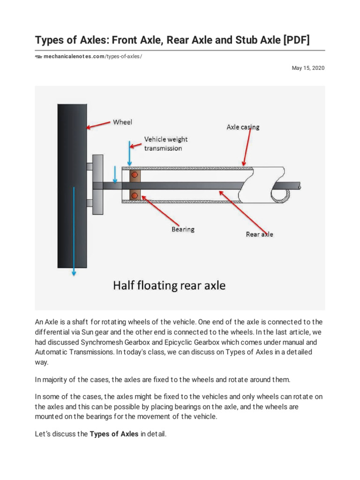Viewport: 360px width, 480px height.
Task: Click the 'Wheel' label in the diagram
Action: click(x=122, y=122)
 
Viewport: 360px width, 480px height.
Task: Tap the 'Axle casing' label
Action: click(x=243, y=127)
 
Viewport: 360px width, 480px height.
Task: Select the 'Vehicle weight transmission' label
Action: click(x=165, y=143)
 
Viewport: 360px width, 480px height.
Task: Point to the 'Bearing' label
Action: click(x=182, y=229)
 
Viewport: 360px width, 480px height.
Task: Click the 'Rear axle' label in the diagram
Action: click(x=259, y=234)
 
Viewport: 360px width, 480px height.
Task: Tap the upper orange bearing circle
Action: click(x=135, y=175)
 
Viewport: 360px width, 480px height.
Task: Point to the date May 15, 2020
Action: click(x=308, y=68)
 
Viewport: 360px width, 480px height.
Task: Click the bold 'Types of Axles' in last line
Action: click(x=114, y=434)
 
